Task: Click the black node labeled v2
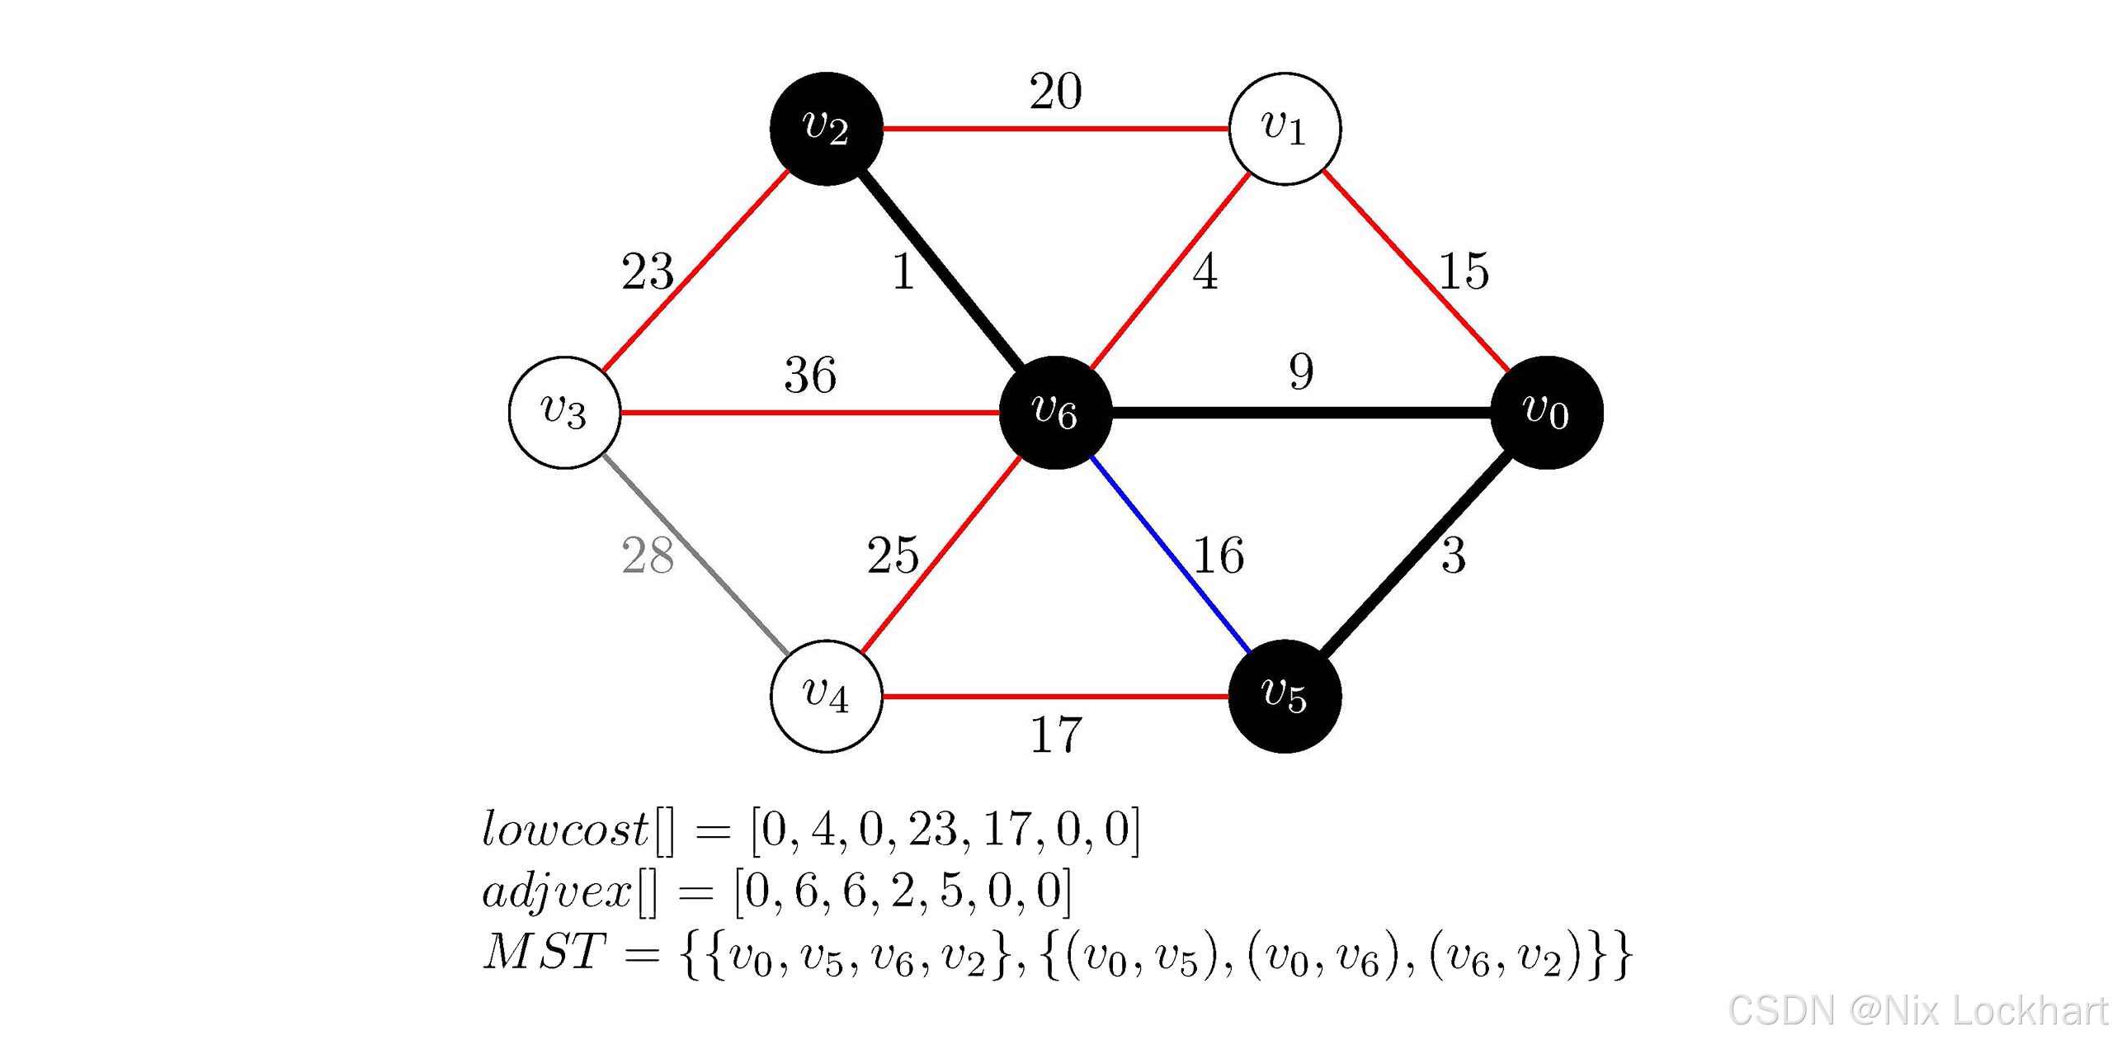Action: tap(826, 129)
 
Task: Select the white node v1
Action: tap(1285, 129)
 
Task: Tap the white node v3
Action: tap(564, 412)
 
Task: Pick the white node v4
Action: tap(826, 696)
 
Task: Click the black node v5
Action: tap(1285, 696)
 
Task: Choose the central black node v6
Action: tap(1055, 412)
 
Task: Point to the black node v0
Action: tap(1547, 412)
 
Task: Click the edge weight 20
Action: tap(1055, 92)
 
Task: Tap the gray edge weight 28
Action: tap(648, 556)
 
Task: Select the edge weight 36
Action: tap(810, 376)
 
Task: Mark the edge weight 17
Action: tap(1055, 735)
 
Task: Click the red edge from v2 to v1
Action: tap(1055, 129)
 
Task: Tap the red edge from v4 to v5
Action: tap(1055, 697)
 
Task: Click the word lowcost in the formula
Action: tap(566, 829)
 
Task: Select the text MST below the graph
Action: tap(544, 952)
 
